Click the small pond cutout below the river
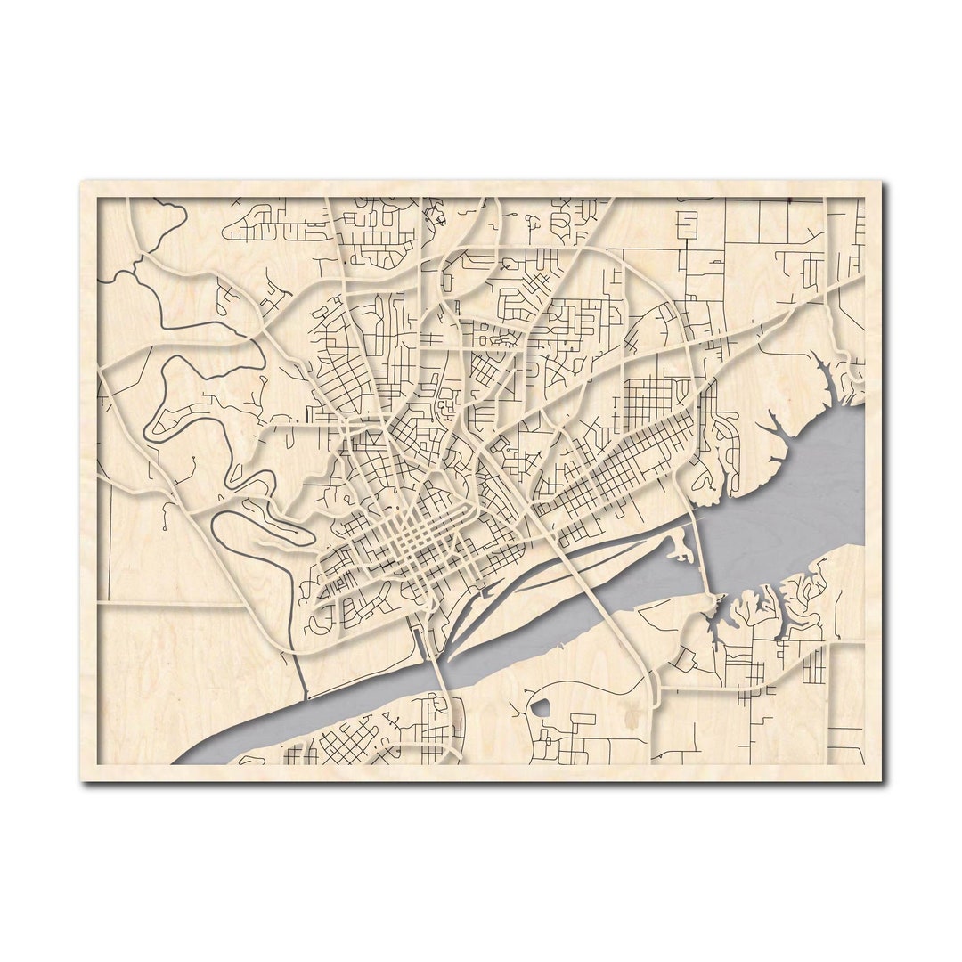[x=541, y=709]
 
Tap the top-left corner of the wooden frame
[x=82, y=183]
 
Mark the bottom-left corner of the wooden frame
[x=82, y=780]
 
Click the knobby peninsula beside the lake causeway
[x=681, y=543]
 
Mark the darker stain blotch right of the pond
[x=634, y=713]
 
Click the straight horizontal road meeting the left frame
[x=169, y=604]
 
